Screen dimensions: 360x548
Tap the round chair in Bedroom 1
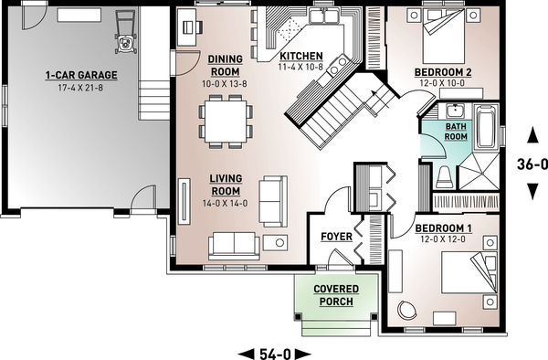[x=407, y=311]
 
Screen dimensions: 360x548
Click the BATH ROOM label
[x=456, y=132]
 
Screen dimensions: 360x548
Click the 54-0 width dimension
[x=274, y=352]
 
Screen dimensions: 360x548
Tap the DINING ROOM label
[x=225, y=65]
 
